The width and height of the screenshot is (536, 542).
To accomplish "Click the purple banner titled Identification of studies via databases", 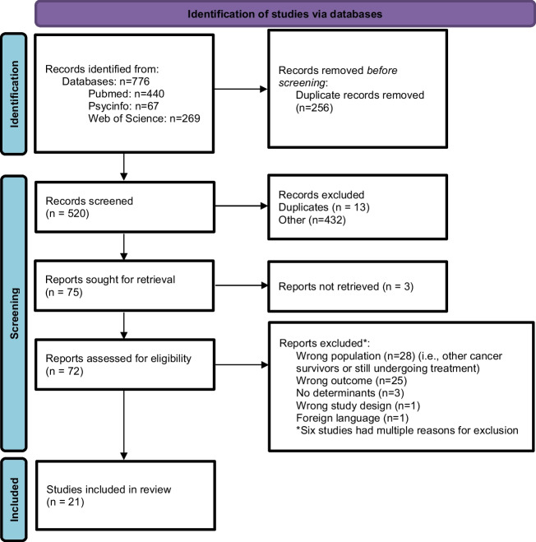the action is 285,14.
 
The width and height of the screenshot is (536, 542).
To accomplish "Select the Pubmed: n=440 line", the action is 126,94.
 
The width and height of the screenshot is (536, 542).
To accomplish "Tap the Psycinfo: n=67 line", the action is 123,106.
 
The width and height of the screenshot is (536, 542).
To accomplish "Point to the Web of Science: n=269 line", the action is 144,118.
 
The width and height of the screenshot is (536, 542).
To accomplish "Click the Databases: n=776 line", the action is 106,81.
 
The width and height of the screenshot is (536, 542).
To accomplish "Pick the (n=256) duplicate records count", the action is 314,108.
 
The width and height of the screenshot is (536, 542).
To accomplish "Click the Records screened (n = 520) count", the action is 67,214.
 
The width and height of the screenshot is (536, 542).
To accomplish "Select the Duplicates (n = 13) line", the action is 324,207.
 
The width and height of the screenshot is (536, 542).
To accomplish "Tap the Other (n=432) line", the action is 312,220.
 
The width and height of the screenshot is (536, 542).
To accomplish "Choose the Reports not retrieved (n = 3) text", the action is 346,286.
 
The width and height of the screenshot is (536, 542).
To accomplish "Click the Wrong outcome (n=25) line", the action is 352,381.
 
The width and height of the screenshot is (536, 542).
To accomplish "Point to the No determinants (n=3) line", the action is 350,393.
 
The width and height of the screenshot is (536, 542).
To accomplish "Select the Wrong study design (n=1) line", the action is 358,405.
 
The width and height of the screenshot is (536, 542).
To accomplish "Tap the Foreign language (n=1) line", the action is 352,419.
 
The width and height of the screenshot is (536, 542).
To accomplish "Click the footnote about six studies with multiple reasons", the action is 408,430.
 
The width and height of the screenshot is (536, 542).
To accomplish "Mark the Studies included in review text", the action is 109,489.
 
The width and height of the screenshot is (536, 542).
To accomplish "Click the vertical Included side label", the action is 14,499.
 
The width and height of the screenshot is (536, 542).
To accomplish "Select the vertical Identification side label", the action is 14,94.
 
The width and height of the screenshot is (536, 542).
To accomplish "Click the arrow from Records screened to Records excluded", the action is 241,206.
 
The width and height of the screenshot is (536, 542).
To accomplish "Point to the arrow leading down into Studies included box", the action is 123,425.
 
